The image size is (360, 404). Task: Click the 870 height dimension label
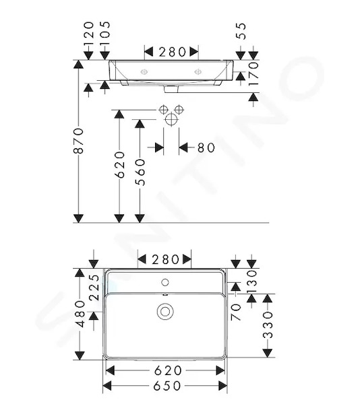click(78, 141)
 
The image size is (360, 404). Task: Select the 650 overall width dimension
click(167, 386)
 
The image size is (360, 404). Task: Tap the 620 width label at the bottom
click(168, 370)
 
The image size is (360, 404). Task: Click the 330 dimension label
click(268, 325)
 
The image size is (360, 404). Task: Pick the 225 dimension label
click(94, 288)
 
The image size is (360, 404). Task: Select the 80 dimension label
click(206, 148)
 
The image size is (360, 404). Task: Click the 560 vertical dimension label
click(140, 172)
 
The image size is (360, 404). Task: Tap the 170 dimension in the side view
click(253, 73)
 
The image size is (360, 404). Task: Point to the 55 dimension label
click(241, 31)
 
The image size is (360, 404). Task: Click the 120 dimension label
click(89, 34)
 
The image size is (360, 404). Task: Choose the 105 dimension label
click(105, 34)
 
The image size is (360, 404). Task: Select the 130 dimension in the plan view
click(252, 281)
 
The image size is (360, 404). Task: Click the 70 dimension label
click(236, 312)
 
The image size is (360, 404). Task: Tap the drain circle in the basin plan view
click(165, 312)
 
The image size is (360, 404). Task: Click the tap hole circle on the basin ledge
click(165, 282)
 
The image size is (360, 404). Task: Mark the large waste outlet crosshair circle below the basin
click(171, 120)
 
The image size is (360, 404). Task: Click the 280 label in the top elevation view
click(172, 52)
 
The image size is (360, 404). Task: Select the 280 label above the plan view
click(165, 259)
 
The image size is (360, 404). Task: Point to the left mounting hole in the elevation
click(144, 72)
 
